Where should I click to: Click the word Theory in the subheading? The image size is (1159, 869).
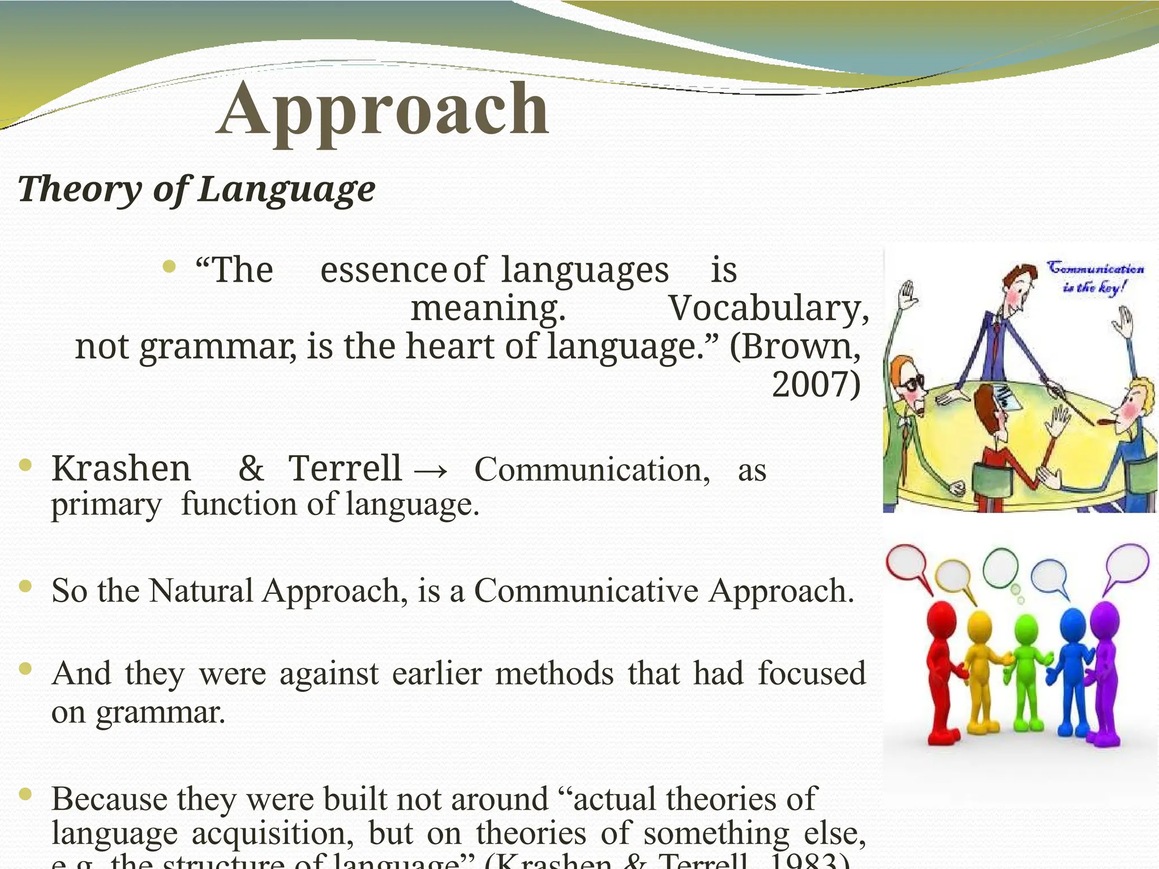[79, 190]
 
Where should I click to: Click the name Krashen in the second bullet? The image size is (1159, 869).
[121, 468]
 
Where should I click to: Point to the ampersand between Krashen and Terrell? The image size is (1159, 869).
[251, 468]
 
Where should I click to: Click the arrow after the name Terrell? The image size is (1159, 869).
[432, 470]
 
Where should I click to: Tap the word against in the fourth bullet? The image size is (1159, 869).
[329, 674]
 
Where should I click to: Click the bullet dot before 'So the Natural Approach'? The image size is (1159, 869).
[25, 586]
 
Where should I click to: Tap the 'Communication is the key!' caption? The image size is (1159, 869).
[1094, 277]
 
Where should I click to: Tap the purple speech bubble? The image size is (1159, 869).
[1126, 563]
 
